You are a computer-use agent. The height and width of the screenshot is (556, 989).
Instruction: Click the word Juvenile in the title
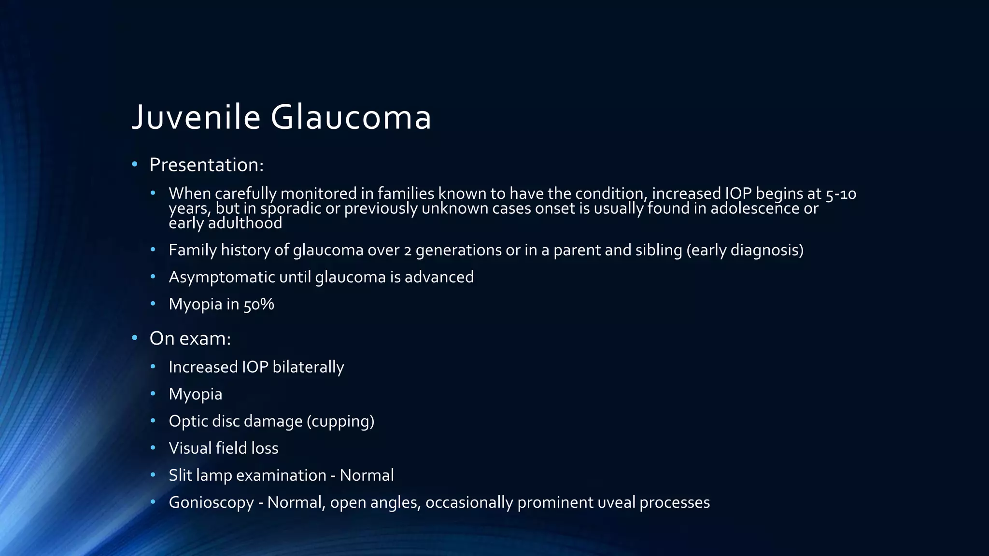pos(196,117)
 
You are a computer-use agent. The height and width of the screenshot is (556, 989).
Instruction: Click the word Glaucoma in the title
pos(351,117)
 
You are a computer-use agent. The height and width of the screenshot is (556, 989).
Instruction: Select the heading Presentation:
pos(206,165)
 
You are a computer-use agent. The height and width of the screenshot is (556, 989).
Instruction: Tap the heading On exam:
pos(190,339)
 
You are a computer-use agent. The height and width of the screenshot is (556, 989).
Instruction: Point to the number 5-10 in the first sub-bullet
pos(841,194)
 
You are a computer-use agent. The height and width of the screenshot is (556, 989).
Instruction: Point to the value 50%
pos(258,305)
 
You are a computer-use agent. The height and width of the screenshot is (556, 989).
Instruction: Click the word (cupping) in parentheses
pos(340,421)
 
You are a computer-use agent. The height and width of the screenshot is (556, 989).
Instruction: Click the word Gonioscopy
pos(211,503)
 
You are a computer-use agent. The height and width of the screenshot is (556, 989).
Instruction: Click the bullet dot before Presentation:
pos(135,165)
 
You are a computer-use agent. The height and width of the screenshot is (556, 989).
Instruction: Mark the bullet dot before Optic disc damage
pos(153,421)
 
